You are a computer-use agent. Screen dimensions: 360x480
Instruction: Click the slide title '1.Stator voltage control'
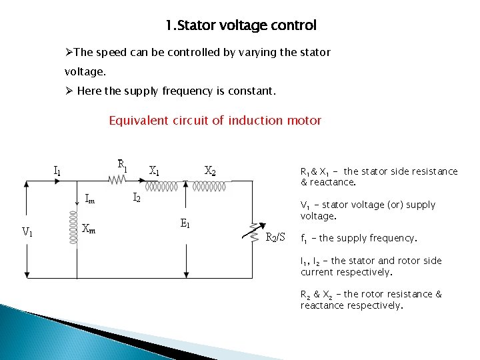[x=241, y=26]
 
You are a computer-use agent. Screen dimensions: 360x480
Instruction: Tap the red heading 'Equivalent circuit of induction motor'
[x=215, y=121]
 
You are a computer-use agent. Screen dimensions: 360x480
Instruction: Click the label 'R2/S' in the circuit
[x=275, y=237]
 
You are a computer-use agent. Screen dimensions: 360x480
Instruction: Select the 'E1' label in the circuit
[x=185, y=224]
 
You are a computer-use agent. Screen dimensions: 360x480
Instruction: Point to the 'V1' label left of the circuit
[x=28, y=232]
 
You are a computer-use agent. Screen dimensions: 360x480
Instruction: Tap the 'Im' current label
[x=90, y=197]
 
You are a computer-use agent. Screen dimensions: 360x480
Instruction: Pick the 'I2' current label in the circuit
[x=136, y=197]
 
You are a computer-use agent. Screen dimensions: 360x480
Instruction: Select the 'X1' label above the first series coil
[x=154, y=170]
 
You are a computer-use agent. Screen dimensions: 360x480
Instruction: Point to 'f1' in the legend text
[x=304, y=239]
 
